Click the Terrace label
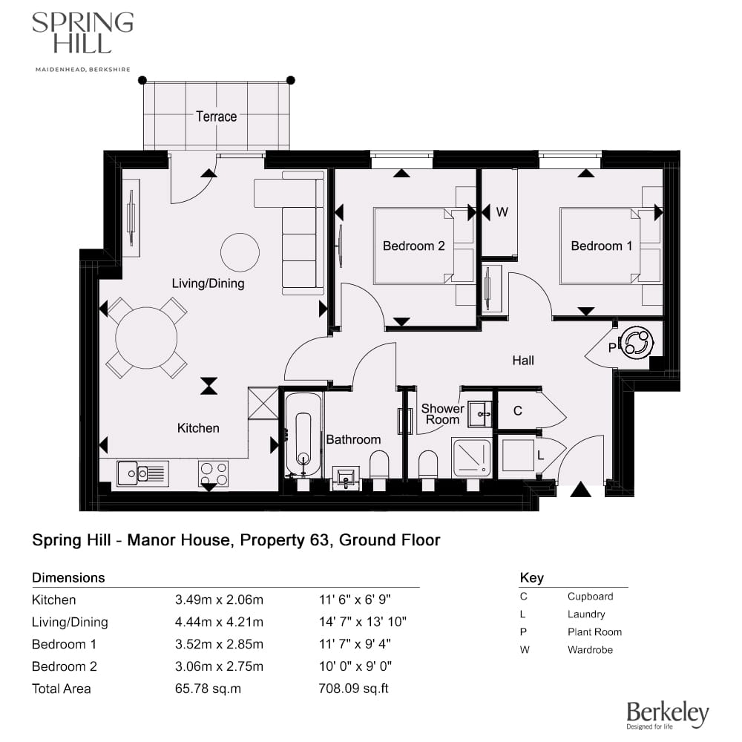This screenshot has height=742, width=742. (216, 116)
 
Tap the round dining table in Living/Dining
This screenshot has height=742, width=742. (146, 338)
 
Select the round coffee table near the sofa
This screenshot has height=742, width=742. (240, 252)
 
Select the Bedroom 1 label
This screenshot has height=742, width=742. (602, 246)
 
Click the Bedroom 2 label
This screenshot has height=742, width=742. (413, 246)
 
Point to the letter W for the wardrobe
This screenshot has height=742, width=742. (502, 212)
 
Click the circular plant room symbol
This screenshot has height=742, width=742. (637, 344)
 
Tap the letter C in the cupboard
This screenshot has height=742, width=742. (518, 411)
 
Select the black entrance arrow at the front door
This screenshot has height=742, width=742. (580, 490)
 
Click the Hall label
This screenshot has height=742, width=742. (523, 361)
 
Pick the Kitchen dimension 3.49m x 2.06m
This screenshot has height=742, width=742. (218, 600)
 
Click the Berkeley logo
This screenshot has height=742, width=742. (668, 715)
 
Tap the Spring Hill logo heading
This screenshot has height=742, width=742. (82, 33)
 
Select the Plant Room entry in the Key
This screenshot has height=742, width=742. (594, 632)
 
